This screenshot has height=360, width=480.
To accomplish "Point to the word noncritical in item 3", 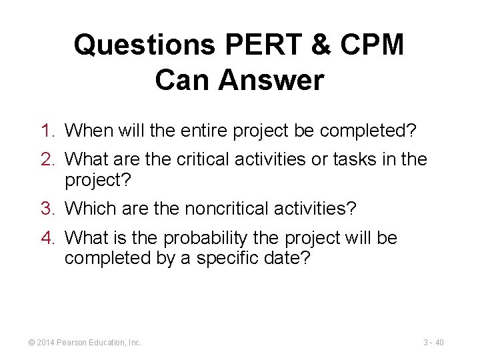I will point(225,209).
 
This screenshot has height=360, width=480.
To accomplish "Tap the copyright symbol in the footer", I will point(31,343).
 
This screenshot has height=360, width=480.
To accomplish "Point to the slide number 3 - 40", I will point(433,343).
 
